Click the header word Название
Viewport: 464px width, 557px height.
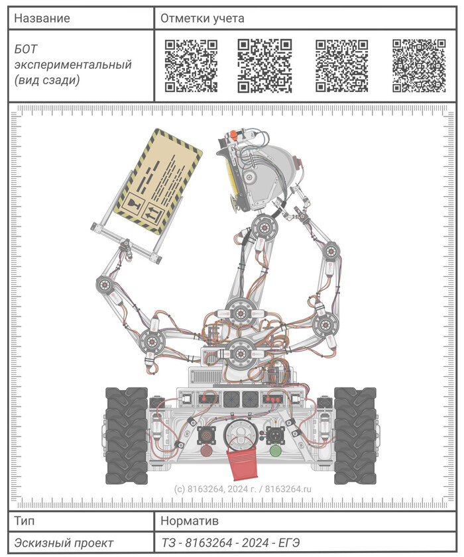coord(42,18)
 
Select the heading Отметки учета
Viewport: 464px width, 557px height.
coord(202,19)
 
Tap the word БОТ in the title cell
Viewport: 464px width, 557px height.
coord(26,49)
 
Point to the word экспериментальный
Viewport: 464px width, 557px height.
coord(73,65)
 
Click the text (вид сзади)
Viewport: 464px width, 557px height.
coord(47,80)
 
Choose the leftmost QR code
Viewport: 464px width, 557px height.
coord(191,66)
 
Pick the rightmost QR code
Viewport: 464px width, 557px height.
coord(419,66)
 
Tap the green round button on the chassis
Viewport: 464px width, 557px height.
coord(276,451)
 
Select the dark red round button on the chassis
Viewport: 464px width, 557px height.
coord(206,451)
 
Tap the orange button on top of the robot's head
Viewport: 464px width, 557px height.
coord(233,135)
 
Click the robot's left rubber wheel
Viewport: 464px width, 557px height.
coord(127,436)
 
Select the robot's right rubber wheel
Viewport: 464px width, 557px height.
coord(355,436)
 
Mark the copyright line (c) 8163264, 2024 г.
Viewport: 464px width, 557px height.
coord(215,489)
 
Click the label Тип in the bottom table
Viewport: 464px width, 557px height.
coord(24,521)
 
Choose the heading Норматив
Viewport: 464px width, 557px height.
coord(190,521)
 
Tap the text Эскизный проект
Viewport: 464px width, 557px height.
coord(64,543)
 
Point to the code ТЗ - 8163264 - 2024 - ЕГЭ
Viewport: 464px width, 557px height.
coord(231,543)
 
